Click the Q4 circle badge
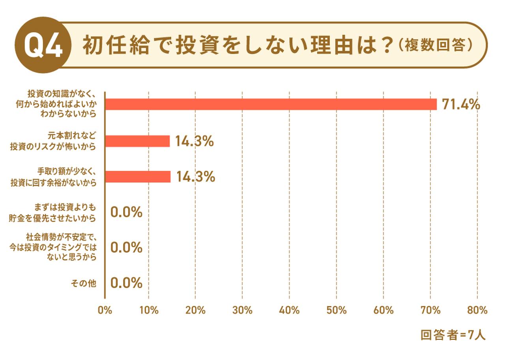[43, 45]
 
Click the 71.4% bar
[271, 104]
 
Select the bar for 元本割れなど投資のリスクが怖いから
[138, 141]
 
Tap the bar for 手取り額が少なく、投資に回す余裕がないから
[138, 177]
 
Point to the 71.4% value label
[460, 104]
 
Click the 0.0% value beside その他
[126, 283]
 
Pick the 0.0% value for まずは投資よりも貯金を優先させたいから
[126, 213]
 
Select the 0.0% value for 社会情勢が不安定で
[126, 248]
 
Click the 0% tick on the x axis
[105, 310]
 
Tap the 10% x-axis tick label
[149, 310]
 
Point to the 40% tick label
[289, 310]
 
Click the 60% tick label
[383, 310]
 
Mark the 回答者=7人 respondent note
[453, 335]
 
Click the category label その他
[83, 283]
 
